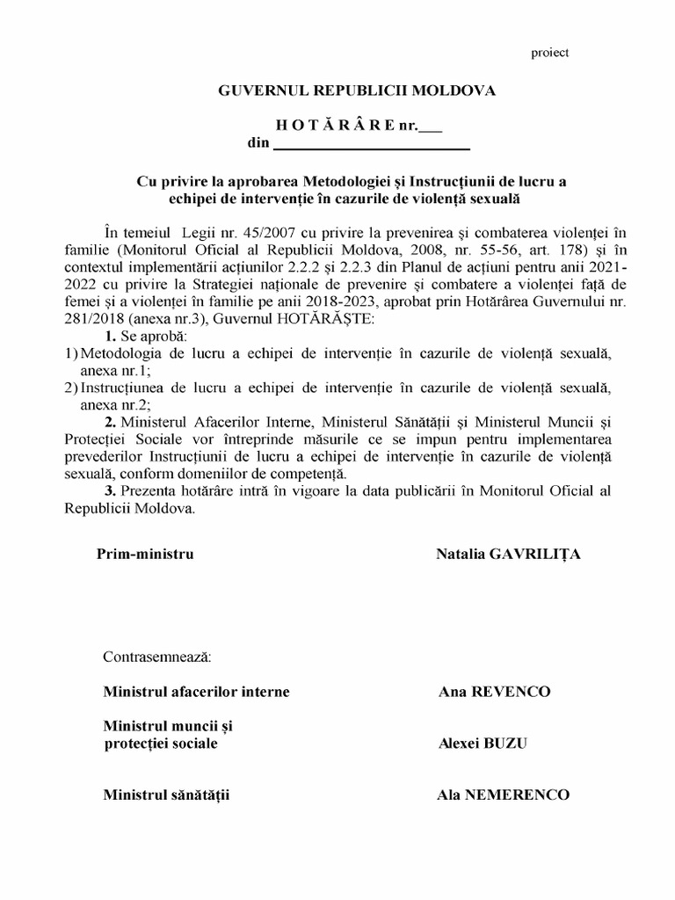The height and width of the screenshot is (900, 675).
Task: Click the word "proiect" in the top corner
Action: (x=550, y=53)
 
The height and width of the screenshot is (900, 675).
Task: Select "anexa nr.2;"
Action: (x=103, y=404)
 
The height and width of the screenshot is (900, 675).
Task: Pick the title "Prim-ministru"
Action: (x=145, y=554)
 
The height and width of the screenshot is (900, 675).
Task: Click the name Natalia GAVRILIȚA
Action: (x=507, y=554)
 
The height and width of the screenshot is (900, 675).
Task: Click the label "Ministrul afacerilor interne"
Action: (x=196, y=691)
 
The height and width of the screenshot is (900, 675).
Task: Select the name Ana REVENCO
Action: (x=494, y=691)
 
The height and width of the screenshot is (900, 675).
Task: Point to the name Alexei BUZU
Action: (x=483, y=743)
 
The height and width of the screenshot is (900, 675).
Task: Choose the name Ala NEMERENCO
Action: (x=503, y=795)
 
